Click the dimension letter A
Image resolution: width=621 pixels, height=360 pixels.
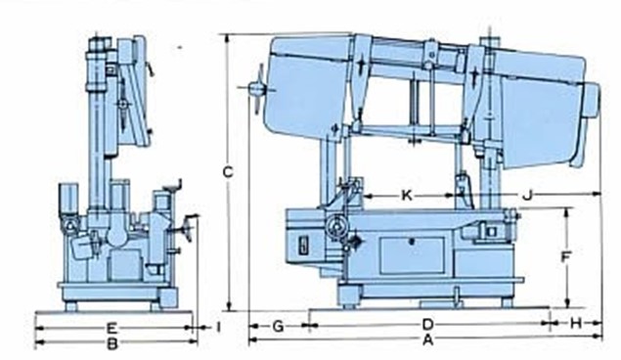tap(427, 339)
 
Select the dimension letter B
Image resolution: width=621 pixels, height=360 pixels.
tap(112, 343)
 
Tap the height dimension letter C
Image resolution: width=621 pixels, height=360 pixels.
tap(228, 172)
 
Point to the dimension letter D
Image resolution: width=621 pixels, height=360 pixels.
tap(427, 325)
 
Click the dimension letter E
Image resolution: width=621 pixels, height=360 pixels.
tap(112, 328)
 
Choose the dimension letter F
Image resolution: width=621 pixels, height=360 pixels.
tap(566, 257)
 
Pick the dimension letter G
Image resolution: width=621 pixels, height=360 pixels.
tap(279, 327)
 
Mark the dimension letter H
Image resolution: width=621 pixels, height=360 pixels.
tap(576, 324)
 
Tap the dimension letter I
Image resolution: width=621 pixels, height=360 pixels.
tap(218, 327)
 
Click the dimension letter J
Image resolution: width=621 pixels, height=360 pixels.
tap(527, 195)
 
